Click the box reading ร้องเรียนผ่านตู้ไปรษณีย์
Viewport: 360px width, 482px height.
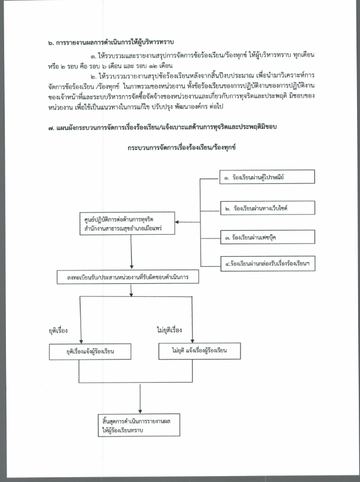pos(267,177)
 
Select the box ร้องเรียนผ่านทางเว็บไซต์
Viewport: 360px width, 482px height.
pos(268,208)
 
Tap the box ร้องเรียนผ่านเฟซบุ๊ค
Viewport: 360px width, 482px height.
pos(268,237)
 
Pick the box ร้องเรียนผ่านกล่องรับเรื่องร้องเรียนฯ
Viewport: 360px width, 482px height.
pos(268,263)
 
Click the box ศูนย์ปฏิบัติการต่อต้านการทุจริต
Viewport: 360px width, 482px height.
pos(127,224)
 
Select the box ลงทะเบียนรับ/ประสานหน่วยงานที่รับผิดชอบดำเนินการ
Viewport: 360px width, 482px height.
pos(128,277)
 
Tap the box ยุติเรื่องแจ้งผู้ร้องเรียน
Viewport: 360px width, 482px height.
pos(90,351)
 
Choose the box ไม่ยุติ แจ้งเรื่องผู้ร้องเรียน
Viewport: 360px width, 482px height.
pos(199,351)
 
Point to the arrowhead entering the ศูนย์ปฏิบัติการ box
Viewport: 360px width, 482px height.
pos(177,222)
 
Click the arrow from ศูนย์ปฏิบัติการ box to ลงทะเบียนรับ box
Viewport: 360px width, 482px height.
pos(131,253)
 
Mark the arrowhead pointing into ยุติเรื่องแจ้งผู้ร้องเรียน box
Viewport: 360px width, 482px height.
pos(81,341)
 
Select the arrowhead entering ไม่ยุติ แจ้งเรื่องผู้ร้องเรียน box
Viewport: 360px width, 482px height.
pos(192,341)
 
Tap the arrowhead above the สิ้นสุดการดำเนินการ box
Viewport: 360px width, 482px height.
pos(140,411)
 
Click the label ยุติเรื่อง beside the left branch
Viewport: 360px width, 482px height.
pos(58,331)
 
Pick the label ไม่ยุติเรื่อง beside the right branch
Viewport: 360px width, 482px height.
pos(169,330)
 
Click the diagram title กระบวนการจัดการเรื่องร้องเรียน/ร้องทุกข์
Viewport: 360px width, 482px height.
pos(181,147)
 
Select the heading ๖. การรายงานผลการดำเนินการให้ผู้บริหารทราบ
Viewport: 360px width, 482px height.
pos(111,43)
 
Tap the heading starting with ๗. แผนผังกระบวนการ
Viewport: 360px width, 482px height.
pos(163,127)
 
